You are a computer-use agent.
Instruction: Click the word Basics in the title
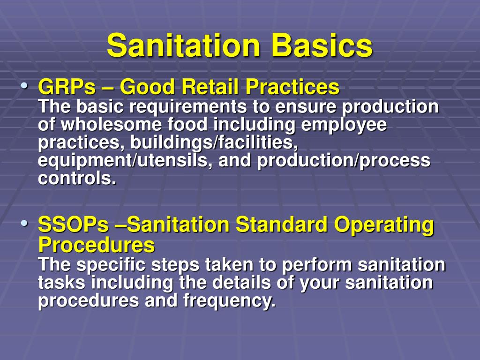tap(322, 46)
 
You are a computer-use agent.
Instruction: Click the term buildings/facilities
tap(214, 142)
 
